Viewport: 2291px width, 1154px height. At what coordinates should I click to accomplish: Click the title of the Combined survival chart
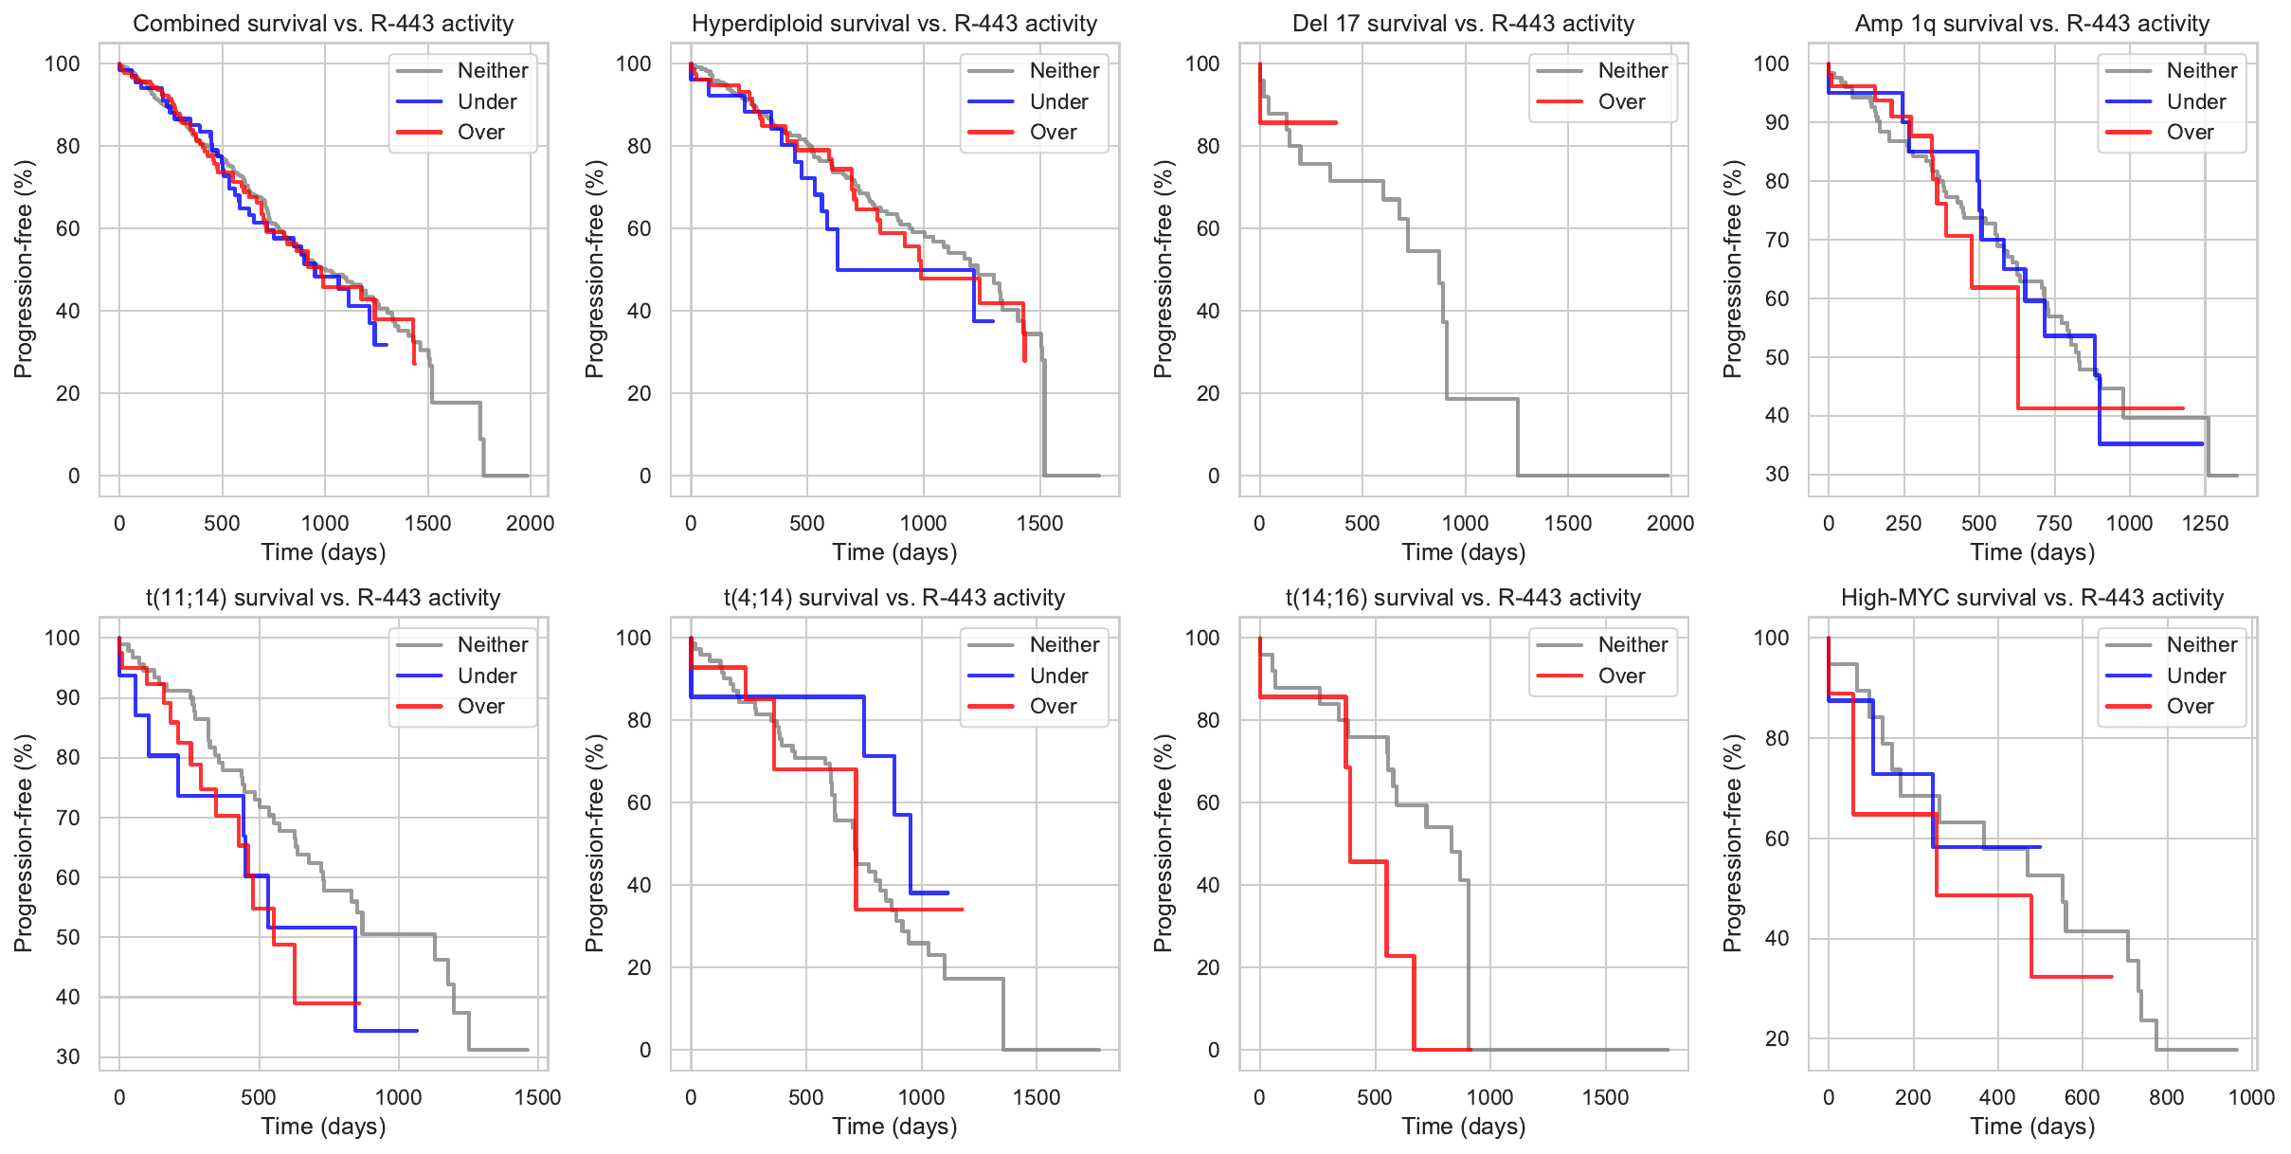click(x=323, y=24)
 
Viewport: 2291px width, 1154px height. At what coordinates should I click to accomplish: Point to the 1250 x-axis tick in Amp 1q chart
click(x=2205, y=523)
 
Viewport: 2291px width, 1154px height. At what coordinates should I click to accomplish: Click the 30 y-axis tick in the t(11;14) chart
click(x=68, y=1056)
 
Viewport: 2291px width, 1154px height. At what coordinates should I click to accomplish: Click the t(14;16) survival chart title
click(x=1463, y=598)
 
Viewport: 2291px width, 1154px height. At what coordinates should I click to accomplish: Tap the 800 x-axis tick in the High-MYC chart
click(x=2167, y=1097)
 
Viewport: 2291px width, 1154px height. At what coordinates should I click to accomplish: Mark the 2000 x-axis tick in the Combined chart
click(x=530, y=523)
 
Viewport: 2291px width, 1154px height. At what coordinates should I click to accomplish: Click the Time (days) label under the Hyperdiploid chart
click(x=894, y=552)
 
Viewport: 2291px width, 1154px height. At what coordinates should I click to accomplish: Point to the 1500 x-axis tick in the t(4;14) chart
click(x=1037, y=1097)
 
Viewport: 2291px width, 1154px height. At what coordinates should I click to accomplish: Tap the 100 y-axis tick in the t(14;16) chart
click(x=1202, y=638)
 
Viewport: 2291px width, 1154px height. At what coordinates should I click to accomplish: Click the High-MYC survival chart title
click(x=2031, y=598)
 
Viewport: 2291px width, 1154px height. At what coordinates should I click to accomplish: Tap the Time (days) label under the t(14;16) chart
click(x=1463, y=1127)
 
